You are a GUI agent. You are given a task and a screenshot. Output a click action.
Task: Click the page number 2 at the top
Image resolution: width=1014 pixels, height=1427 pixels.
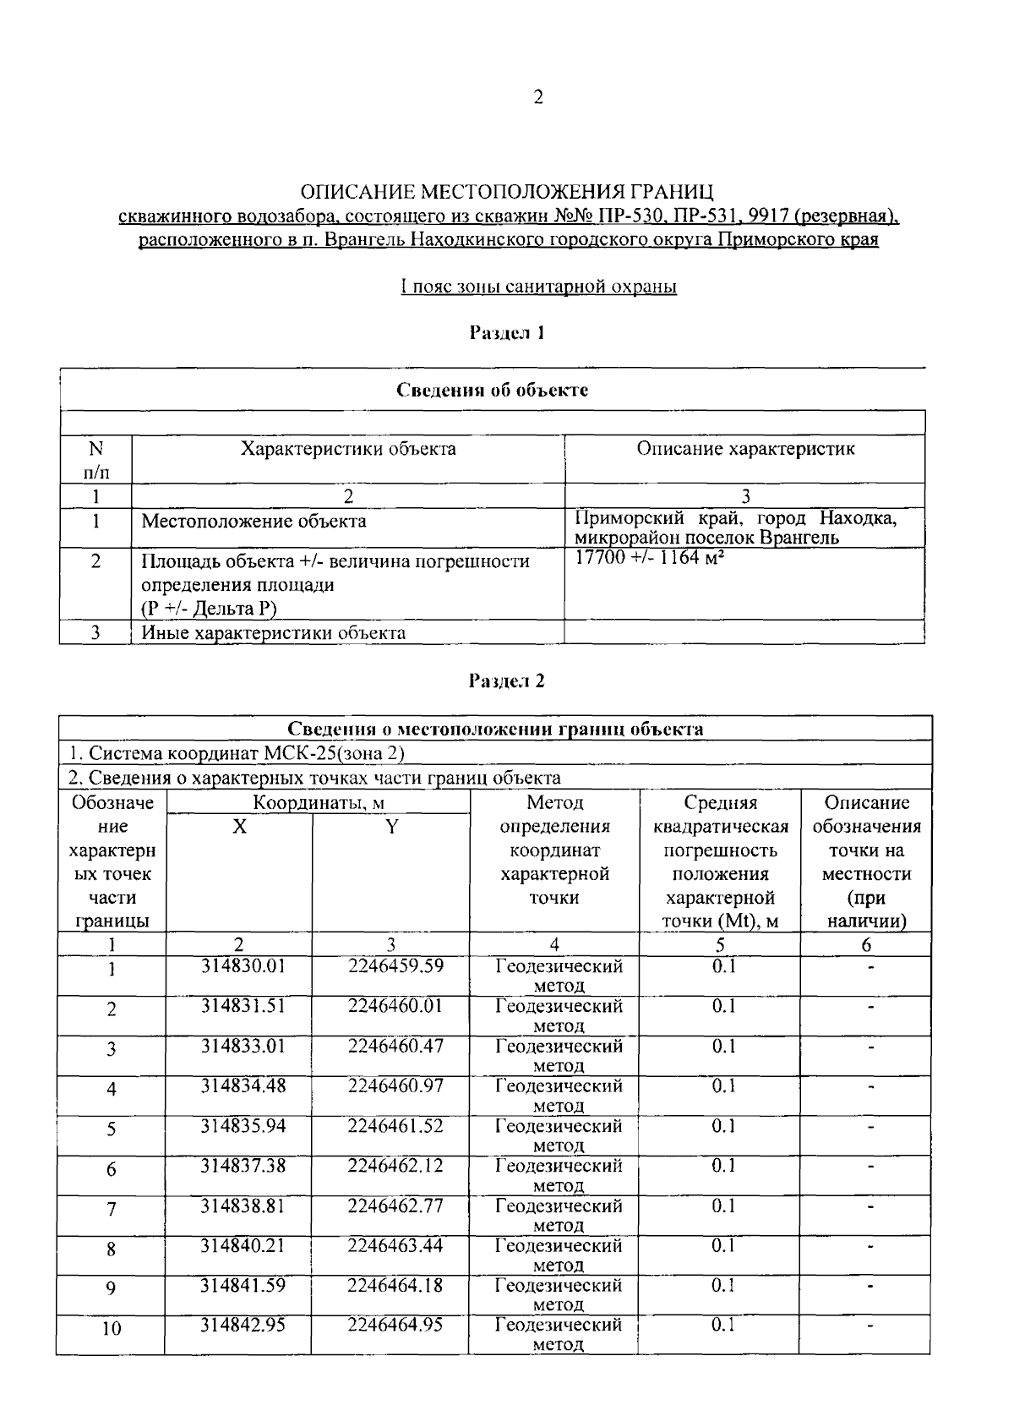(538, 97)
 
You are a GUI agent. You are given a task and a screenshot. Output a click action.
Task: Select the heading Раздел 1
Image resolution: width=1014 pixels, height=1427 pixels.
(507, 332)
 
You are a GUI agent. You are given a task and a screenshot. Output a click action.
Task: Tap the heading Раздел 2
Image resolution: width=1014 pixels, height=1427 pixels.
(507, 681)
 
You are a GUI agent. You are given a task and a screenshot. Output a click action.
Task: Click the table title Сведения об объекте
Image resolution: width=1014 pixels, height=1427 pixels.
(493, 390)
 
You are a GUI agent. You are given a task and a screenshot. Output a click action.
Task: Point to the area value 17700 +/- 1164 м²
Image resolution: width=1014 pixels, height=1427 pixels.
(651, 558)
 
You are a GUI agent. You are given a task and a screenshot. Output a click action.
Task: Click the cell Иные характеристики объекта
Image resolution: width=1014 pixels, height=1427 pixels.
(273, 632)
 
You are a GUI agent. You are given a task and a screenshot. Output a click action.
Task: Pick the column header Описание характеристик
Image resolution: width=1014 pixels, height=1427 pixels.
(745, 449)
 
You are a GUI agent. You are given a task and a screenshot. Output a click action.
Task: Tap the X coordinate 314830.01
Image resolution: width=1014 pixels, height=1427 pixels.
(243, 965)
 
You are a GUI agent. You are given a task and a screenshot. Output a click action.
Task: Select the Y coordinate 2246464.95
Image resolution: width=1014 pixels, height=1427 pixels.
(395, 1324)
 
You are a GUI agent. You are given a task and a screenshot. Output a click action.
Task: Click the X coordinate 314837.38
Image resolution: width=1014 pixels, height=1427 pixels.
(243, 1165)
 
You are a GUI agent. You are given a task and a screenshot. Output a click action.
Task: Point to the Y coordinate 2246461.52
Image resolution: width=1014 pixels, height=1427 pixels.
(395, 1125)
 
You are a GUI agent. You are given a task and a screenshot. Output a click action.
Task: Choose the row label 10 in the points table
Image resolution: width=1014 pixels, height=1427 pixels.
(112, 1328)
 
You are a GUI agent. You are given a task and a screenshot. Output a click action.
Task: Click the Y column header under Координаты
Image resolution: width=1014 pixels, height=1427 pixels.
(391, 827)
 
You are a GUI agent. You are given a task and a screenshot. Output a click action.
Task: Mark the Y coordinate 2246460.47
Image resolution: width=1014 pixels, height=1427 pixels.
(395, 1046)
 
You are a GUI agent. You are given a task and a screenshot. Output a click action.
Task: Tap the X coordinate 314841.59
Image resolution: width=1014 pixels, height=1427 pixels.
(243, 1285)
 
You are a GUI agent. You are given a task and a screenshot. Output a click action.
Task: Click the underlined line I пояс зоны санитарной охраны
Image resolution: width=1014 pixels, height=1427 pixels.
(539, 287)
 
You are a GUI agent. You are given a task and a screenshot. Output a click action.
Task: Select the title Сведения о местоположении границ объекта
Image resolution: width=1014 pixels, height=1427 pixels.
(495, 729)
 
